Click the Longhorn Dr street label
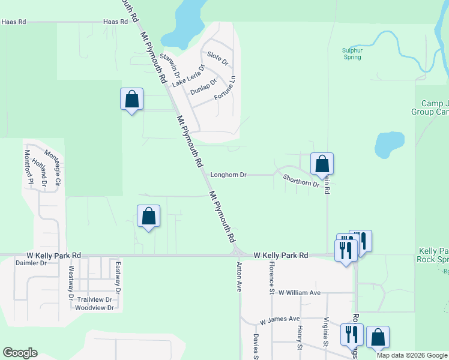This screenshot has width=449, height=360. click(x=229, y=175)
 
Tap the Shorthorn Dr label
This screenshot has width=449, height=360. click(x=301, y=181)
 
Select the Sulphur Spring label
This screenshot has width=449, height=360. click(x=352, y=54)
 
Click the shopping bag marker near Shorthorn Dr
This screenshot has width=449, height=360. click(x=322, y=163)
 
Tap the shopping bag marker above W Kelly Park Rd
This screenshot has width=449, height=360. click(x=149, y=217)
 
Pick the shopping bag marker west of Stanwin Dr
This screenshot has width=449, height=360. click(x=132, y=99)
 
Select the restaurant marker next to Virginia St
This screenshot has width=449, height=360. click(x=351, y=334)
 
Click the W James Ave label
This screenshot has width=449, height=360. click(x=279, y=319)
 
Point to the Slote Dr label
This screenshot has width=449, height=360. click(x=218, y=58)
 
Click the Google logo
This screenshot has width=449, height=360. click(x=20, y=353)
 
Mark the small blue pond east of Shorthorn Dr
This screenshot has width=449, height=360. click(x=388, y=144)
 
